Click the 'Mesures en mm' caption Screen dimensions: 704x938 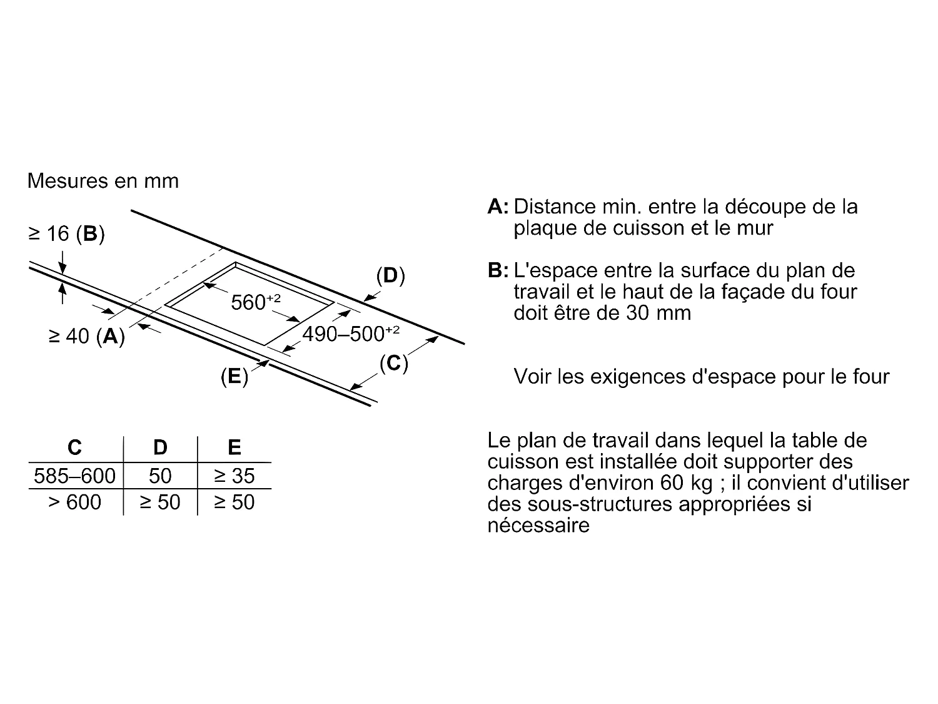tap(103, 181)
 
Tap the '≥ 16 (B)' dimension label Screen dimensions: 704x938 tap(67, 234)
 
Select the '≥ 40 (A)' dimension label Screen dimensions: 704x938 tap(87, 336)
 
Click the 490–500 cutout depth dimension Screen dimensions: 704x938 tap(350, 334)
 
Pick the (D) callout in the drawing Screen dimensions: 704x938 tap(390, 275)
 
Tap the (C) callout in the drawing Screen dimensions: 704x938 tap(394, 363)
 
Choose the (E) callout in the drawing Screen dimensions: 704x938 tap(234, 376)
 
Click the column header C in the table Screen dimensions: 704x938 tap(74, 447)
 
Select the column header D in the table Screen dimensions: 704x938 tap(160, 447)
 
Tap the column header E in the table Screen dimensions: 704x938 tap(234, 447)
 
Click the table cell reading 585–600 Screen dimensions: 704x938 tap(74, 476)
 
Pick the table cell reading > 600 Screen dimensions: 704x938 tap(74, 502)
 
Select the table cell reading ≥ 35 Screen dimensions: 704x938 tap(234, 476)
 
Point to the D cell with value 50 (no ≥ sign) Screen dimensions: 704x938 tap(160, 476)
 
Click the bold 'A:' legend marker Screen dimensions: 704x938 tap(498, 207)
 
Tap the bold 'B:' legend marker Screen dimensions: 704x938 tap(498, 270)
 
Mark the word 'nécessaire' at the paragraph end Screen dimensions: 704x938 tap(538, 524)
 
